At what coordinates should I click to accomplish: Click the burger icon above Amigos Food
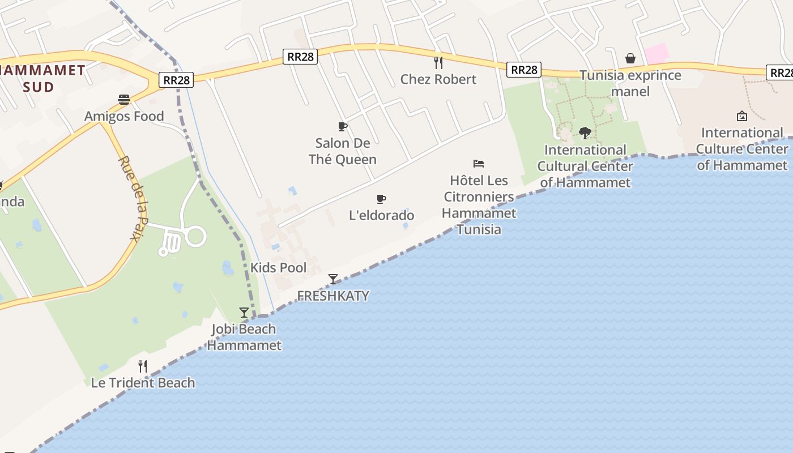[x=124, y=100]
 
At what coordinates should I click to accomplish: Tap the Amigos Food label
[x=124, y=117]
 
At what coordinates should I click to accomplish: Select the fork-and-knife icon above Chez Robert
[x=438, y=62]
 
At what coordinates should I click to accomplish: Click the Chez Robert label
[x=438, y=79]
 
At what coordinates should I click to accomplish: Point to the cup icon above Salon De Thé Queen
[x=342, y=126]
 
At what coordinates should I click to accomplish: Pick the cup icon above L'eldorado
[x=381, y=199]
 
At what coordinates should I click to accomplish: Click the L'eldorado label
[x=382, y=215]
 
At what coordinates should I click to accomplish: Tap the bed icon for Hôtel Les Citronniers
[x=479, y=164]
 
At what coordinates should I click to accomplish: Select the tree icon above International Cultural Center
[x=585, y=133]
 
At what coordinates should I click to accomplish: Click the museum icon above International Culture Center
[x=741, y=116]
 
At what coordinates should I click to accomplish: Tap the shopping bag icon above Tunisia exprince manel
[x=630, y=58]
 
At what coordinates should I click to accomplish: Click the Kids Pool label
[x=278, y=268]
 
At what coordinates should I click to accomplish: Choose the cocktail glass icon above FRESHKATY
[x=333, y=279]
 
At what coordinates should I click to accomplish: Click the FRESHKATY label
[x=333, y=296]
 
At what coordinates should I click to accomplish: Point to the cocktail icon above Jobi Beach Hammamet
[x=244, y=313]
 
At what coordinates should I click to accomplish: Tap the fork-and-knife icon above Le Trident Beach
[x=143, y=366]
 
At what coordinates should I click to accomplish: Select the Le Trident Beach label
[x=143, y=383]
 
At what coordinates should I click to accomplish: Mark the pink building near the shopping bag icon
[x=656, y=54]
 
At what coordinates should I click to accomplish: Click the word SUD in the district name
[x=39, y=87]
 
